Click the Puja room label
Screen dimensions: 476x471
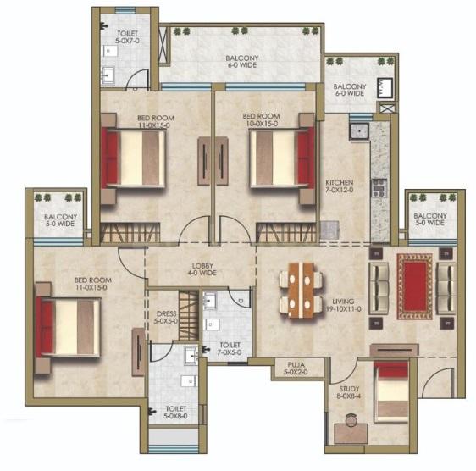tap(296, 368)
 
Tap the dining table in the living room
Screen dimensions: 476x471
tap(301, 291)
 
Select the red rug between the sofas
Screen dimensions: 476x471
tap(415, 286)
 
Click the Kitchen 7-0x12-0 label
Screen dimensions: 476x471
tap(340, 186)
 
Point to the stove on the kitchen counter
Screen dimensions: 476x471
tap(379, 188)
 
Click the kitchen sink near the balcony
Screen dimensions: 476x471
tap(359, 131)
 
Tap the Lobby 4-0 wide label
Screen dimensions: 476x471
tap(202, 269)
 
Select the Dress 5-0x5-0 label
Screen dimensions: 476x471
tap(166, 318)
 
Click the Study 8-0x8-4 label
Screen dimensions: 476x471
tap(350, 392)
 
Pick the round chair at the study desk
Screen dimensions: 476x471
tap(351, 420)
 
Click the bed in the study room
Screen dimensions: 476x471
tap(391, 391)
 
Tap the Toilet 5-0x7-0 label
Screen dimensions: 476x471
tap(128, 36)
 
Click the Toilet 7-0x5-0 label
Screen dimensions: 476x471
tap(230, 349)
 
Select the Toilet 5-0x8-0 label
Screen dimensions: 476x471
tap(176, 413)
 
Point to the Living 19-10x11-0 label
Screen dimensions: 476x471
tap(343, 305)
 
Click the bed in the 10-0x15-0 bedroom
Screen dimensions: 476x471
tap(282, 158)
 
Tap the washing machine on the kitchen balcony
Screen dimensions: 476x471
tap(385, 88)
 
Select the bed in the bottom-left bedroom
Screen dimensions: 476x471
tap(68, 327)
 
